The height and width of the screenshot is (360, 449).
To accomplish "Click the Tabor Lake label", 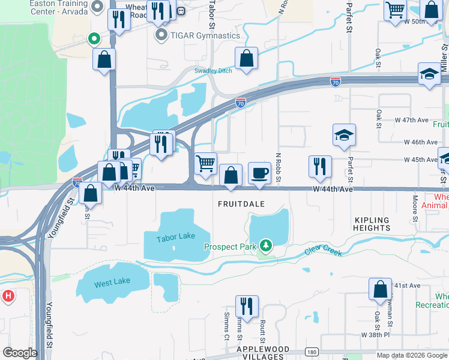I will click(x=176, y=236).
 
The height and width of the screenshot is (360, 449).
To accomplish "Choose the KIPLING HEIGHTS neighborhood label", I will click(x=372, y=223).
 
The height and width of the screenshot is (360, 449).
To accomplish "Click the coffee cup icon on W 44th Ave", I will click(x=259, y=173).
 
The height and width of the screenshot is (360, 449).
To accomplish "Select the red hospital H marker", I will click(x=8, y=296).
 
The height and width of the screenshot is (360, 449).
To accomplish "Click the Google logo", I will click(x=20, y=353).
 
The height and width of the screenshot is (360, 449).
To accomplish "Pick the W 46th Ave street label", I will click(x=420, y=142).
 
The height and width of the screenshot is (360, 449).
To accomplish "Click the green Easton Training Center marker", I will click(x=93, y=40).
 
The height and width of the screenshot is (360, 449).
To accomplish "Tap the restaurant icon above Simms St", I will click(x=247, y=306).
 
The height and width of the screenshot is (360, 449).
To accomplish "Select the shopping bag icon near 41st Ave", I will click(x=381, y=289).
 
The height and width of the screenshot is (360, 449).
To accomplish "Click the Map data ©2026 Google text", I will click(x=411, y=355).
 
